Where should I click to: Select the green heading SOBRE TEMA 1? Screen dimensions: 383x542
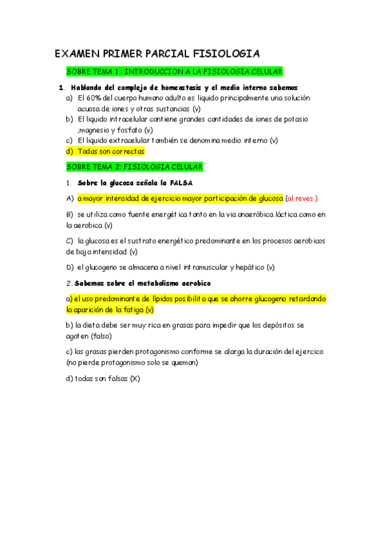tap(175, 72)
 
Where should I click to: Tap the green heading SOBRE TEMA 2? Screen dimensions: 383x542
tap(134, 167)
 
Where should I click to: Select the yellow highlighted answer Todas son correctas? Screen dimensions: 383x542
tap(111, 151)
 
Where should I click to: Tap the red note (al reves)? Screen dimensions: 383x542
tap(302, 198)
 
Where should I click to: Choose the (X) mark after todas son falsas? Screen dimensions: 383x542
tap(134, 378)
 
